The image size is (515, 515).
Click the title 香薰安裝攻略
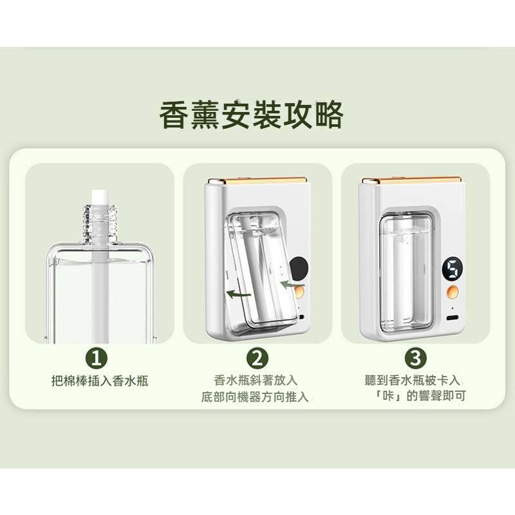(x=251, y=117)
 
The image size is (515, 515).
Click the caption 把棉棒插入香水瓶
(x=100, y=381)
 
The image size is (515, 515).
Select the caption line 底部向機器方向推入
(x=256, y=397)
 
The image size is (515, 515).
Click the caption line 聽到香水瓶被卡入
(x=415, y=380)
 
